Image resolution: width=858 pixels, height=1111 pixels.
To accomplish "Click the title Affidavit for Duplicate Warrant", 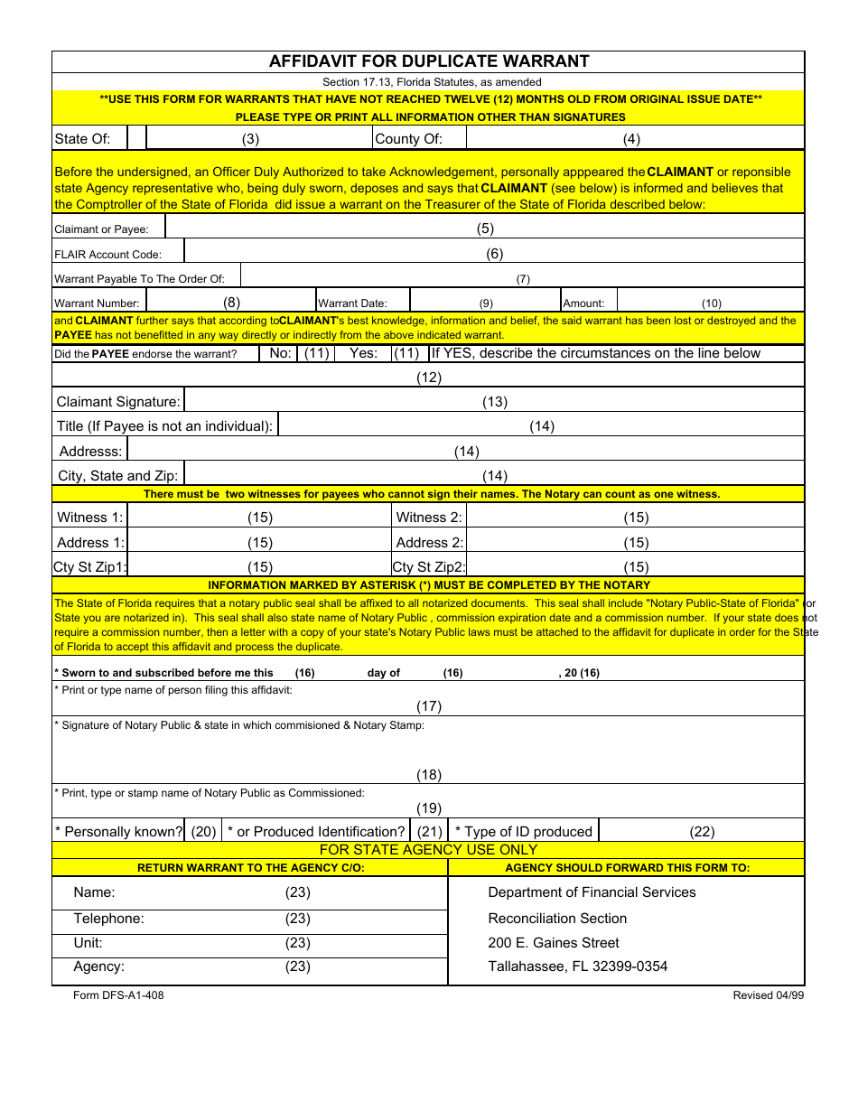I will point(429,61).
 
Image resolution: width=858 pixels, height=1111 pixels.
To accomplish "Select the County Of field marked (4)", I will point(632,138).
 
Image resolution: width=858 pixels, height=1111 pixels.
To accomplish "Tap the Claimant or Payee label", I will point(101,229).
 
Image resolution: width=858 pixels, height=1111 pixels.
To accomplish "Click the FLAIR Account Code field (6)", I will point(494,254).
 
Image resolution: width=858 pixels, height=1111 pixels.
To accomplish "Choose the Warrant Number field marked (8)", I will point(231,303).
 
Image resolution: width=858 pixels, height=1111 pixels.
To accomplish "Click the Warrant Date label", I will point(352,303).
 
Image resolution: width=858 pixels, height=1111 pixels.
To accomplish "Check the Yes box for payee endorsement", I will point(406,353).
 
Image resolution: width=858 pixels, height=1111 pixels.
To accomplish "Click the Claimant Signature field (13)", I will point(494,402).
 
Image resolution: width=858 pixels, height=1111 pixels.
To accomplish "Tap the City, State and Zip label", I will point(117,476).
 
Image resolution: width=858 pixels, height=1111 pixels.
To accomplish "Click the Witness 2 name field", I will point(635,518).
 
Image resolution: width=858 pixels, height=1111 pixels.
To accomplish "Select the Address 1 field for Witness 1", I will point(260,543).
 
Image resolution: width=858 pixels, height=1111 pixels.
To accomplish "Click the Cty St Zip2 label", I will point(429,567).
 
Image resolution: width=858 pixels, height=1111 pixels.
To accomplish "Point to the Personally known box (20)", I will point(203,832).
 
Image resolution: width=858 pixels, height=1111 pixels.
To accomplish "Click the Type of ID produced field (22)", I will point(702,832).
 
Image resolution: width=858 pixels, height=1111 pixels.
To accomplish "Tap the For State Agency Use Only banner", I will point(428,850).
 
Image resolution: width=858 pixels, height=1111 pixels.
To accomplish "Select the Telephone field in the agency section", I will point(297,919).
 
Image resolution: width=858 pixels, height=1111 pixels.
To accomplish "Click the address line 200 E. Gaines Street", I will point(554,942).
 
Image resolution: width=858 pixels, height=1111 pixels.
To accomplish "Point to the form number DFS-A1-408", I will point(118,995).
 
